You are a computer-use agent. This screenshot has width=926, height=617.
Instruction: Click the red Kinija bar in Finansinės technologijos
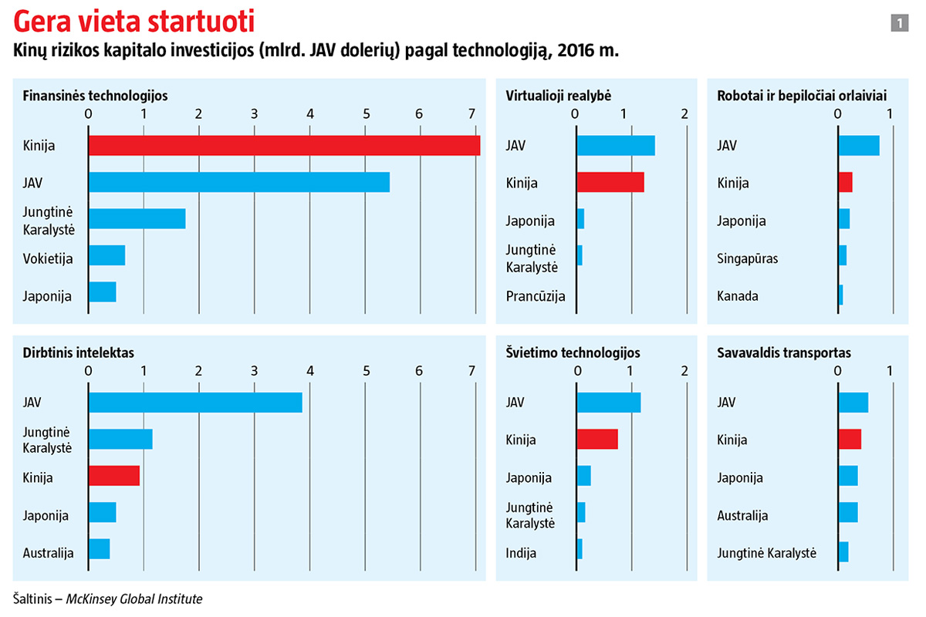[284, 145]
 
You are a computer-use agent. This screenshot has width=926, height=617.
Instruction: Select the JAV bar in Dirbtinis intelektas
[195, 402]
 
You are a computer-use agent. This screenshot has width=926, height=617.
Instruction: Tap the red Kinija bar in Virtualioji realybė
[610, 182]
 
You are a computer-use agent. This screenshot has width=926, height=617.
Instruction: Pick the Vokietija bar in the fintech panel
[107, 255]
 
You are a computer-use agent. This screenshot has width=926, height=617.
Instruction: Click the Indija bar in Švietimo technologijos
[580, 549]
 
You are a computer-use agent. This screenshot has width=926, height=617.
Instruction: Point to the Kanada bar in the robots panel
[841, 295]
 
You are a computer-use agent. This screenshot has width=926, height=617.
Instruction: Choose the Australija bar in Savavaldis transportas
[848, 511]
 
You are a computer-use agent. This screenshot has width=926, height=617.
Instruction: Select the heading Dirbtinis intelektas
[79, 352]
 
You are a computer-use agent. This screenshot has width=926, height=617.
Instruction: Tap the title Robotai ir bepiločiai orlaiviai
[801, 96]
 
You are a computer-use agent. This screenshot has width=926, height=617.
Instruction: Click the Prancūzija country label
[536, 295]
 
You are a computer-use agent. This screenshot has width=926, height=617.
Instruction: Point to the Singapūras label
[748, 258]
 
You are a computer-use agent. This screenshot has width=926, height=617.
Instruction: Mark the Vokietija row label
[48, 258]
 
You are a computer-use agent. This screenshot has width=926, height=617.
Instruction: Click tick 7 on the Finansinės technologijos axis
[471, 114]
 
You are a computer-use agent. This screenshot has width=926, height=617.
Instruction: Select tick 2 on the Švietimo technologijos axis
[684, 371]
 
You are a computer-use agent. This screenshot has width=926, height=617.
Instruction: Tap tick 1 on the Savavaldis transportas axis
[891, 371]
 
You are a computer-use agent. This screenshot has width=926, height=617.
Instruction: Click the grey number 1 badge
[898, 24]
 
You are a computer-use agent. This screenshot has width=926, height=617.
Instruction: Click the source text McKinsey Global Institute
[133, 598]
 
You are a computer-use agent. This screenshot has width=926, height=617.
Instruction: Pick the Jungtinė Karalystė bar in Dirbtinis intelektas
[120, 438]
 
